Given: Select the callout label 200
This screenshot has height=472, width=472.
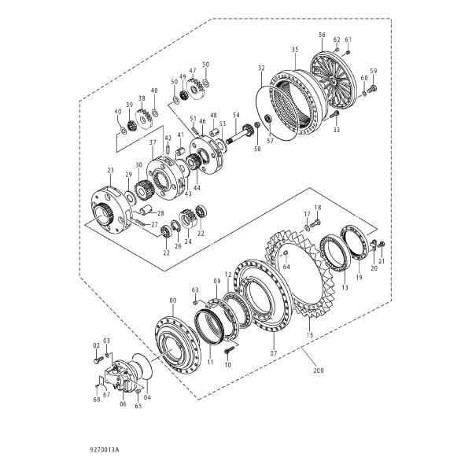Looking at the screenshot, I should [318, 370].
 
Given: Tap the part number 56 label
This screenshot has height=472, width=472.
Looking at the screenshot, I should [322, 35].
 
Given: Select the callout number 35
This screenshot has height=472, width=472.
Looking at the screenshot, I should [294, 50].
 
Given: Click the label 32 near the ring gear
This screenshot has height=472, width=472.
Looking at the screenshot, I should [261, 68].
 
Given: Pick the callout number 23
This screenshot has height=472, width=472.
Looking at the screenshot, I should [110, 171].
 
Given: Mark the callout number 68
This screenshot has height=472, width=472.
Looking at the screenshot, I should [96, 400].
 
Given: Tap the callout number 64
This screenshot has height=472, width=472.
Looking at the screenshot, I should [287, 267].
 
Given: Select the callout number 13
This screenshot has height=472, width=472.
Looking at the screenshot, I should [344, 289].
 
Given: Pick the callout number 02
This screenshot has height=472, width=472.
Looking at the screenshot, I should [97, 345].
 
